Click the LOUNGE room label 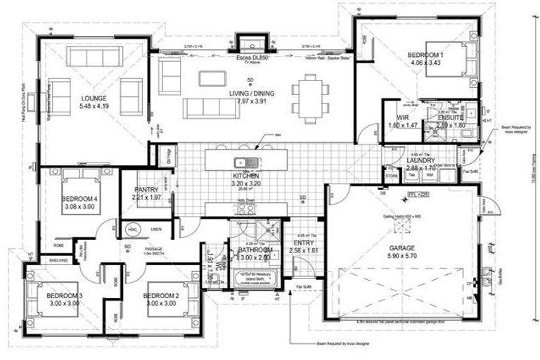[x=93, y=98]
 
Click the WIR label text [x=403, y=117]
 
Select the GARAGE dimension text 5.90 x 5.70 [x=402, y=258]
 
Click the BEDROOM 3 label [x=65, y=296]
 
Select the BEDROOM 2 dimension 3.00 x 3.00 [x=162, y=305]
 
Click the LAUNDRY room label [x=423, y=161]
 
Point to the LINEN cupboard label [x=156, y=229]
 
